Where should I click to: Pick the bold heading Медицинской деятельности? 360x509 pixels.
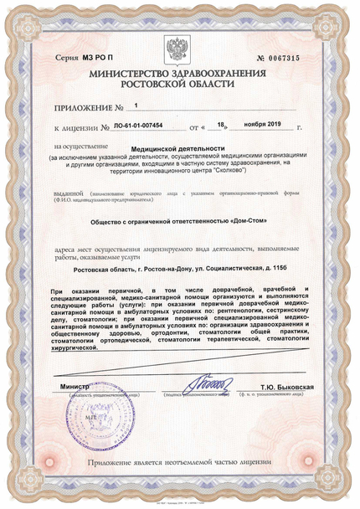point(178,149)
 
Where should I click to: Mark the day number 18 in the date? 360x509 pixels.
point(221,126)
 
